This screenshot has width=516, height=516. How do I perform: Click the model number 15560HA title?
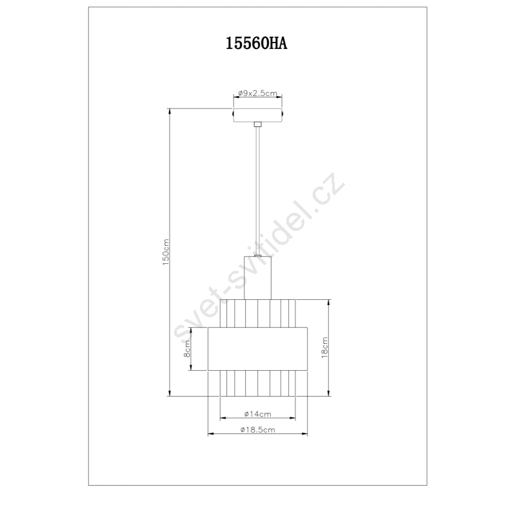click(x=256, y=43)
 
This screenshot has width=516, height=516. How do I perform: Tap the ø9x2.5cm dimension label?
click(x=258, y=93)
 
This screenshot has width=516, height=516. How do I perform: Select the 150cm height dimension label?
click(x=166, y=252)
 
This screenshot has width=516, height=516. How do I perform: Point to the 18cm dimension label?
click(x=324, y=348)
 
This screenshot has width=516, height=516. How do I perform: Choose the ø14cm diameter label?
click(x=257, y=414)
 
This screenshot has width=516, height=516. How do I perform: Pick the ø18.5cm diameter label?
click(x=257, y=430)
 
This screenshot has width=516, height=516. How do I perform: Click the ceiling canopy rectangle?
click(x=258, y=115)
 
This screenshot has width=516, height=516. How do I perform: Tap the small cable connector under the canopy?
click(x=258, y=124)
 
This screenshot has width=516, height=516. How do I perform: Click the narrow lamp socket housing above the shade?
click(x=257, y=278)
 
